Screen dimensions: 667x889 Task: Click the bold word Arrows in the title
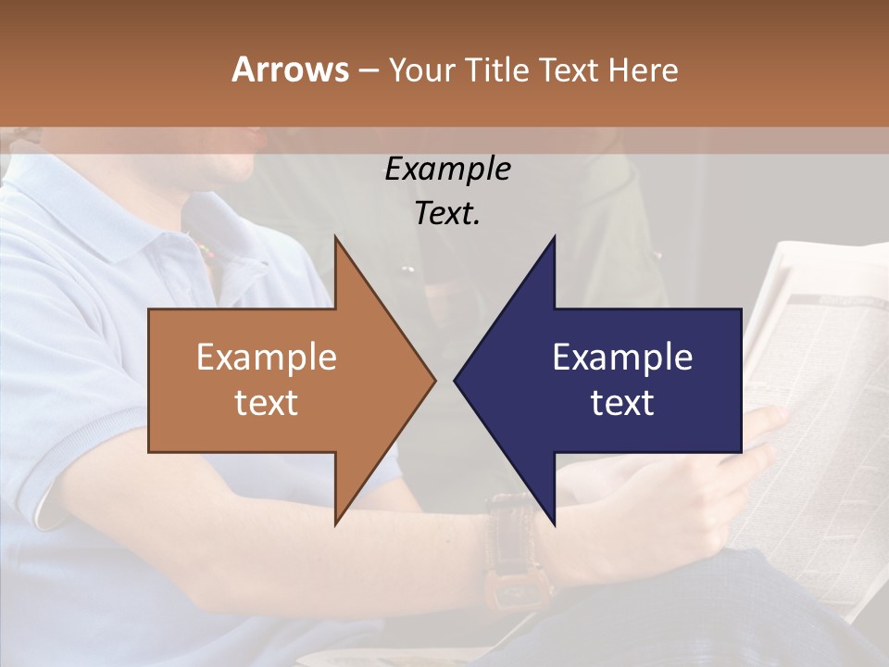[x=290, y=69]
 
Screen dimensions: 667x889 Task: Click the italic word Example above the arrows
[x=447, y=170]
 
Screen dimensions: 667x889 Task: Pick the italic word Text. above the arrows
[x=447, y=214]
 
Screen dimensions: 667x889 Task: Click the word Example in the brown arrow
[x=266, y=358]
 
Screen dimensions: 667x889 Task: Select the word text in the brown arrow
[x=266, y=403]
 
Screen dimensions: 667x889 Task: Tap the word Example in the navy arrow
[x=622, y=358]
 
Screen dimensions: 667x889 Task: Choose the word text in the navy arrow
[x=622, y=403]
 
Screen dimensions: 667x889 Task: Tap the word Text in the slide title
[x=570, y=69]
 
